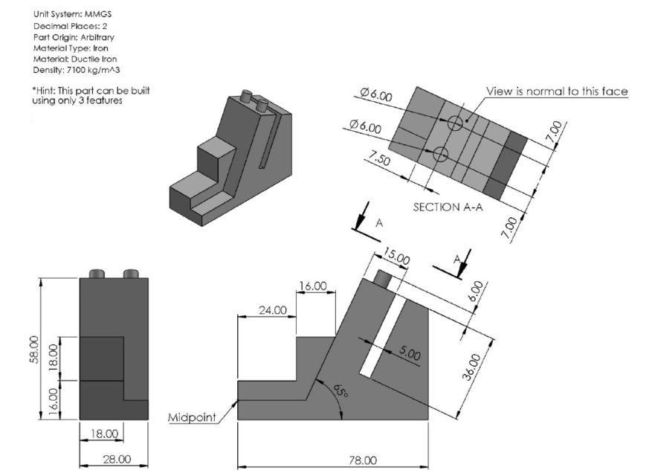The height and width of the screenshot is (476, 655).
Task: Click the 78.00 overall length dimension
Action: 364,460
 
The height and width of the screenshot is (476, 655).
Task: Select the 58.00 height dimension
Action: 32,347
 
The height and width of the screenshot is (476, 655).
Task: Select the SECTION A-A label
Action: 448,208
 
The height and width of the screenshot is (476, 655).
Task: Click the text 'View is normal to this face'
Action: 557,91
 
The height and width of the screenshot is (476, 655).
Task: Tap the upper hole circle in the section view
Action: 456,123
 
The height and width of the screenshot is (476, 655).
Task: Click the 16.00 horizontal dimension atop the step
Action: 312,286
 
